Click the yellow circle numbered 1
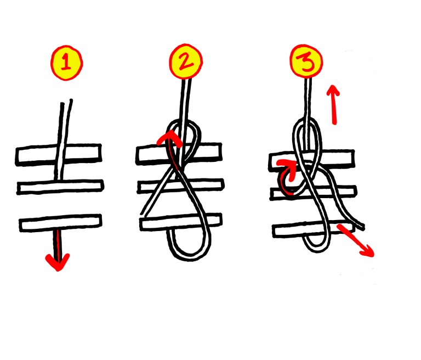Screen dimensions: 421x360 [66, 63]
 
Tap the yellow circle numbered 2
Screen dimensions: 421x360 [185, 61]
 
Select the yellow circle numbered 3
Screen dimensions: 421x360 [306, 61]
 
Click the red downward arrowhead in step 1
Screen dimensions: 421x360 [58, 262]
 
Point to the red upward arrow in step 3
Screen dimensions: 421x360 [333, 105]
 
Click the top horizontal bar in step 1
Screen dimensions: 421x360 [59, 154]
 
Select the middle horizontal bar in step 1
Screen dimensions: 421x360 [60, 187]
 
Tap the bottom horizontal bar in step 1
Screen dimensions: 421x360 [61, 223]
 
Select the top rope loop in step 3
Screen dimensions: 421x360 [306, 121]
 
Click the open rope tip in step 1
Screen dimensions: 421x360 [66, 102]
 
